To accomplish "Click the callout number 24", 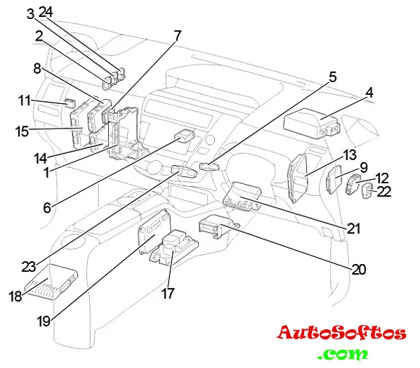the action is pyautogui.click(x=46, y=13).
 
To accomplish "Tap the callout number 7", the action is pyautogui.click(x=177, y=36).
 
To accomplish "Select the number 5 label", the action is pyautogui.click(x=332, y=77).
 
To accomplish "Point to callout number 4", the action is pyautogui.click(x=369, y=93).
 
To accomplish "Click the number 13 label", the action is pyautogui.click(x=350, y=155).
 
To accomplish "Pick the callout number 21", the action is pyautogui.click(x=353, y=228).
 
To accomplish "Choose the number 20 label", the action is pyautogui.click(x=358, y=269).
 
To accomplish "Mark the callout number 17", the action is pyautogui.click(x=168, y=294).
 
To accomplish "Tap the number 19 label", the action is pyautogui.click(x=44, y=320).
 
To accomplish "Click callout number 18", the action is pyautogui.click(x=15, y=296).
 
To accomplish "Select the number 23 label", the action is pyautogui.click(x=29, y=266).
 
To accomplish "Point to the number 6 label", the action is pyautogui.click(x=47, y=208).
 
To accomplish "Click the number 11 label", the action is pyautogui.click(x=25, y=100).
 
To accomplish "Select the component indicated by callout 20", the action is pyautogui.click(x=214, y=226).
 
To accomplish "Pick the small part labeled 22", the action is pyautogui.click(x=366, y=191).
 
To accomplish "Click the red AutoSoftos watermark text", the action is pyautogui.click(x=341, y=333).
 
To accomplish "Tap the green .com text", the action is pyautogui.click(x=343, y=354).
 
